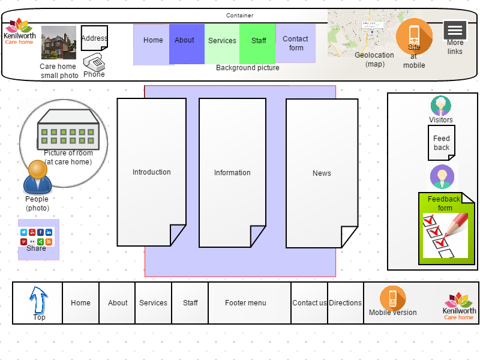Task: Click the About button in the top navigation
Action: tap(187, 44)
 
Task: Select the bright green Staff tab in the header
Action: tap(257, 44)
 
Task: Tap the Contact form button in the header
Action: tap(295, 43)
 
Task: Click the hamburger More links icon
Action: tap(455, 30)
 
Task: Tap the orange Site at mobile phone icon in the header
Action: tap(414, 37)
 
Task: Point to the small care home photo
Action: tap(59, 43)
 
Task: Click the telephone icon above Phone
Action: tap(94, 62)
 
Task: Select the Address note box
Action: tap(94, 38)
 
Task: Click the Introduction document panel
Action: tap(152, 172)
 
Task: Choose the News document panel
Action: tap(322, 173)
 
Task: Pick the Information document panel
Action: tap(232, 173)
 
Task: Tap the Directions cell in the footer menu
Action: tap(346, 303)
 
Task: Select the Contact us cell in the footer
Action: tap(309, 303)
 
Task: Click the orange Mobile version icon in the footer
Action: tap(393, 298)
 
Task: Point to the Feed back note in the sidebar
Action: tap(442, 143)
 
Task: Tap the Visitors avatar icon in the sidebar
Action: tap(441, 106)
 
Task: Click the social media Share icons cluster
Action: tap(36, 237)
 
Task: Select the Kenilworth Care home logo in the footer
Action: tap(459, 306)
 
